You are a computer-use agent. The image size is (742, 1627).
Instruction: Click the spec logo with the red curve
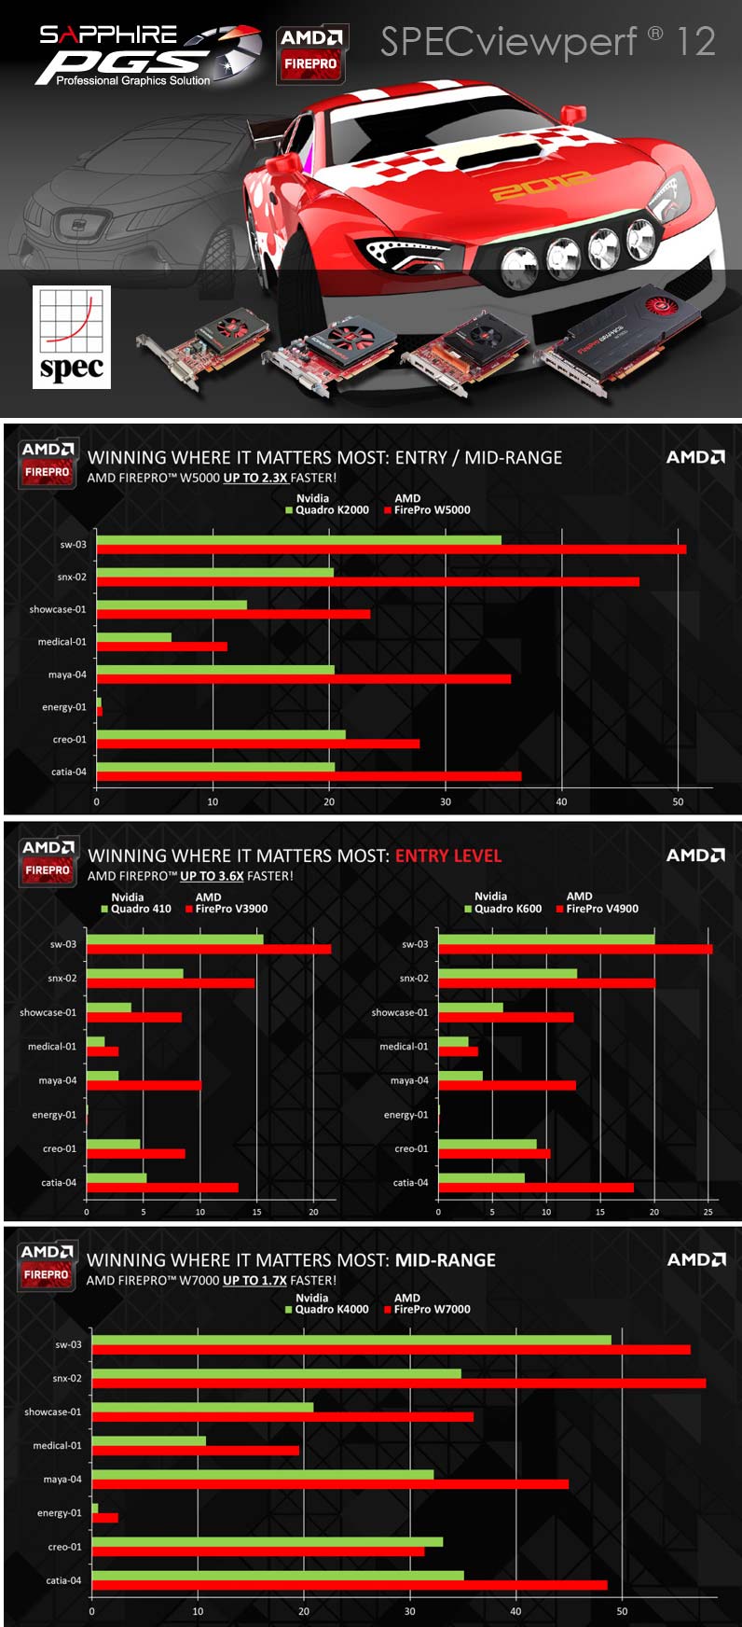click(x=72, y=337)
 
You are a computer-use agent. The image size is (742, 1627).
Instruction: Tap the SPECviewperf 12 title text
click(x=547, y=42)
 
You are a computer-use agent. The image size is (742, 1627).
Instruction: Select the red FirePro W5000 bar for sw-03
click(x=392, y=549)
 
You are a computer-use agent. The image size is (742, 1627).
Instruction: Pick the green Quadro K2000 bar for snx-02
click(x=215, y=572)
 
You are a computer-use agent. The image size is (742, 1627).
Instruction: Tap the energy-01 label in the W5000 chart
click(x=63, y=707)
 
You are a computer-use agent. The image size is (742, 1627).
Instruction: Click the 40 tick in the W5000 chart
click(x=561, y=801)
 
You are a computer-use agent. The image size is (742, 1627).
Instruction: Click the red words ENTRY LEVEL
click(x=448, y=855)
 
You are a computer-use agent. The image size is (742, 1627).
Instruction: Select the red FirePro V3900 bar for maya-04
click(x=144, y=1085)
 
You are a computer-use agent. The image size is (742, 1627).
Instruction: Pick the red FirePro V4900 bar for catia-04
click(x=536, y=1188)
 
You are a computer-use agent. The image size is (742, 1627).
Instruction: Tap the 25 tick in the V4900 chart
click(x=708, y=1212)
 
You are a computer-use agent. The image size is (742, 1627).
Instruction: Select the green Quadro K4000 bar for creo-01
click(x=268, y=1542)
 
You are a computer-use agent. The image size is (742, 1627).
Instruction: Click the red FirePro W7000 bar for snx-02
click(x=399, y=1384)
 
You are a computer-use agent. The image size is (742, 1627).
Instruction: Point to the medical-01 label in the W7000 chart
click(x=57, y=1446)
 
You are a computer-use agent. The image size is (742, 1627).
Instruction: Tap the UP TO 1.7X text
click(x=254, y=1281)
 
